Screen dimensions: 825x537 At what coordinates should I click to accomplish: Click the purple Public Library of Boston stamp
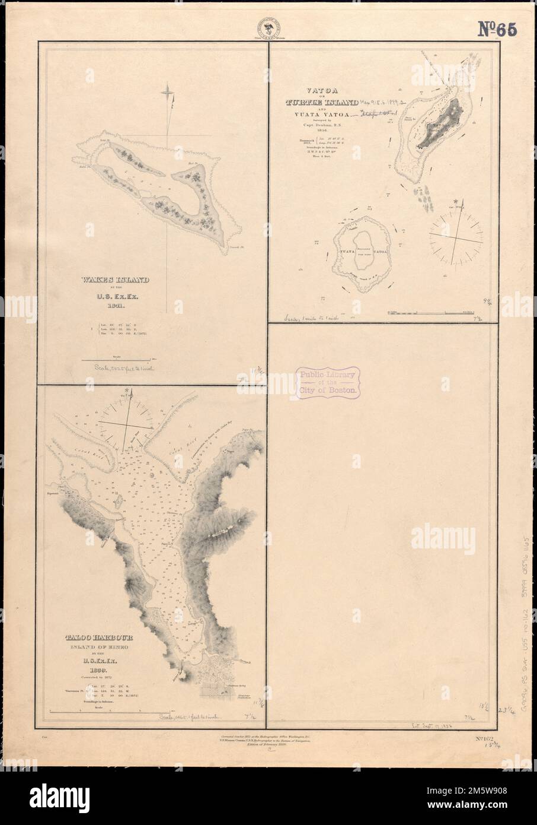tap(326, 382)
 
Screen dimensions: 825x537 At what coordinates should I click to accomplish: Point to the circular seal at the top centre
tap(268, 28)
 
